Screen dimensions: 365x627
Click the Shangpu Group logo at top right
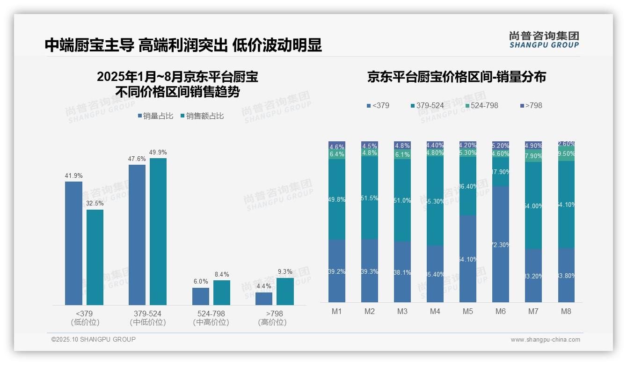click(544, 40)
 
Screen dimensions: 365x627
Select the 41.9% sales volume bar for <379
click(73, 243)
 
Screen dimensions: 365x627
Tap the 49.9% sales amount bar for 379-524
click(158, 232)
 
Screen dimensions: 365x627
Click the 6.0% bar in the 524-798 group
click(201, 296)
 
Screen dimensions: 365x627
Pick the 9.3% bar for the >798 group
click(285, 292)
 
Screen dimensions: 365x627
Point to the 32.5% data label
click(95, 204)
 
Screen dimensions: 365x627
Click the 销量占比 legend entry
click(157, 116)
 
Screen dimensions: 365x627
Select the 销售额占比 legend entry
click(202, 116)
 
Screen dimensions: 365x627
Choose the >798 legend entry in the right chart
click(531, 105)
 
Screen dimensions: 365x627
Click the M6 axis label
click(500, 311)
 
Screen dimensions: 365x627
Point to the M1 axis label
click(337, 311)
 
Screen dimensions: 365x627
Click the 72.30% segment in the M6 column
click(500, 244)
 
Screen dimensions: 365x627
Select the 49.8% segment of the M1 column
click(337, 200)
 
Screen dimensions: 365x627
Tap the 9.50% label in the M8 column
click(566, 154)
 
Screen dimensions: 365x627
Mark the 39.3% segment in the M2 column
click(370, 271)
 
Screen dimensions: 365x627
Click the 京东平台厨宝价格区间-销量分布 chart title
click(456, 77)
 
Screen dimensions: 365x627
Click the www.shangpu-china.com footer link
click(545, 340)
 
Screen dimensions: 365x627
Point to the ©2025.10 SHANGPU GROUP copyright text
click(94, 339)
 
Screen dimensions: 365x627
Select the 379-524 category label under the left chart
click(148, 314)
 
